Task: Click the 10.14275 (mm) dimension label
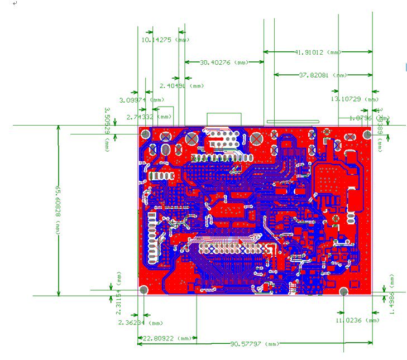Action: coord(165,40)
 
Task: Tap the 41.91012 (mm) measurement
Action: coord(317,52)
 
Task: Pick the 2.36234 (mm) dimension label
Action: coord(140,323)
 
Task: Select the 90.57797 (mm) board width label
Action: coord(255,344)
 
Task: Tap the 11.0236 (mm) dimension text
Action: coord(356,320)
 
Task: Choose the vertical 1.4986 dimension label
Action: coord(392,294)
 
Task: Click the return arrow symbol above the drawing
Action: coord(15,3)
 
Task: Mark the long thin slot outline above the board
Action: coord(293,121)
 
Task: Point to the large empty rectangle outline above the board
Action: coord(224,119)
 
